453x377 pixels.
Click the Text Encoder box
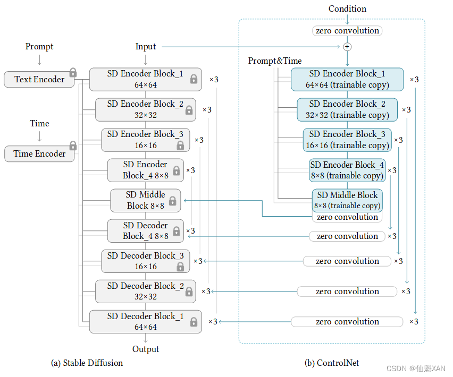click(39, 80)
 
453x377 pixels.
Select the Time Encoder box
click(39, 154)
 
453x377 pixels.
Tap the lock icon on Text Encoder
click(73, 72)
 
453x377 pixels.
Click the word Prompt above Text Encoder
click(39, 47)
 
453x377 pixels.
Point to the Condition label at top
click(347, 8)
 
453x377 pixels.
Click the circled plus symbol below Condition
click(347, 47)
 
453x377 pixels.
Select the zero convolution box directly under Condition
click(347, 31)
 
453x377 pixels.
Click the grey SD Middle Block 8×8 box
click(145, 201)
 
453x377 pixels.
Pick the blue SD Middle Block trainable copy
click(347, 200)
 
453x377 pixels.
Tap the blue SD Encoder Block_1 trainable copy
click(347, 79)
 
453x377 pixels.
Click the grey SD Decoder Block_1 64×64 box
click(145, 322)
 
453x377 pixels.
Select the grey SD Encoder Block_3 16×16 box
click(145, 140)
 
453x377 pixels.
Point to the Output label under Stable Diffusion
click(146, 349)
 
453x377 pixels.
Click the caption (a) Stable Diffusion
click(87, 363)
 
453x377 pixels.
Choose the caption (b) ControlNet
click(332, 363)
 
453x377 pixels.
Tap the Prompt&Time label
click(275, 61)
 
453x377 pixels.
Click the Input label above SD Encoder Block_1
click(146, 47)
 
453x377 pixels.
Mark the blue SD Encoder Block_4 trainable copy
click(347, 170)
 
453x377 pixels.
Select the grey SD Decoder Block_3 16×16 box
click(145, 261)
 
